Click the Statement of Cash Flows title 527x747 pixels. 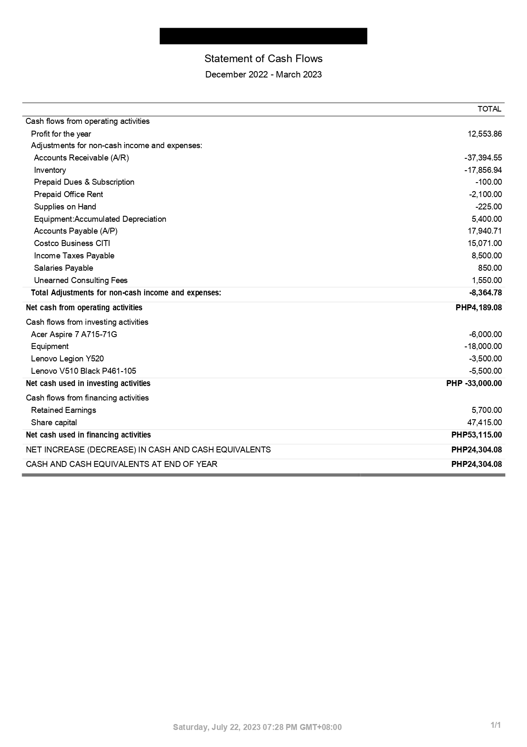click(x=263, y=59)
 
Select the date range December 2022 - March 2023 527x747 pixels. click(x=263, y=74)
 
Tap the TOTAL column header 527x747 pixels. click(x=489, y=109)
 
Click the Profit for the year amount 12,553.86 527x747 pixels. click(x=484, y=134)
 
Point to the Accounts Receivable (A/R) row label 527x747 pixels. click(x=81, y=158)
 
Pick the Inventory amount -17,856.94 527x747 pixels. click(x=483, y=170)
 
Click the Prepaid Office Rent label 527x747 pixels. click(x=68, y=195)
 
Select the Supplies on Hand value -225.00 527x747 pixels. click(x=488, y=207)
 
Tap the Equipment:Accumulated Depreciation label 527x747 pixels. click(x=100, y=219)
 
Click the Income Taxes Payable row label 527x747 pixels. click(x=74, y=256)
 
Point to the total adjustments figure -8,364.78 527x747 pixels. click(x=485, y=293)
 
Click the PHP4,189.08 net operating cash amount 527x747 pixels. click(x=479, y=308)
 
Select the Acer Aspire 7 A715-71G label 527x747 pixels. click(x=74, y=335)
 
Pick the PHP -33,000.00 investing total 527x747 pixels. click(x=474, y=384)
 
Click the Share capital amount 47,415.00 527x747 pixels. click(x=484, y=423)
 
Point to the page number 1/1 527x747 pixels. click(x=496, y=725)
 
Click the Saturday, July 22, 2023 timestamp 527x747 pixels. click(x=257, y=727)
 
